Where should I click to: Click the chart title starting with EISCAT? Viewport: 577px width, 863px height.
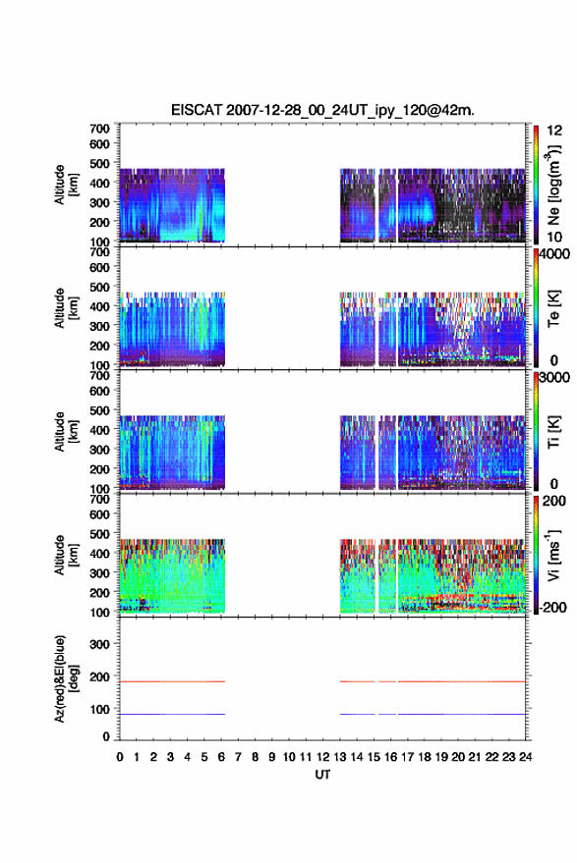pos(322,110)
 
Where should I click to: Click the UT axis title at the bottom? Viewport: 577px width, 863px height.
pos(322,775)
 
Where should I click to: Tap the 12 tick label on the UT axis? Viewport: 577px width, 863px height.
pos(323,757)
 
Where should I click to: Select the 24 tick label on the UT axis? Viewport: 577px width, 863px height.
pos(525,757)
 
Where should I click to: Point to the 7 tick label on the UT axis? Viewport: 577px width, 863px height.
pos(238,757)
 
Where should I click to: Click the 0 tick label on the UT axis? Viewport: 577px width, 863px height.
pos(120,757)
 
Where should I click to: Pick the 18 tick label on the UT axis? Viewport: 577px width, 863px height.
pos(425,757)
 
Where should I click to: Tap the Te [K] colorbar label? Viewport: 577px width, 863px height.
pos(553,308)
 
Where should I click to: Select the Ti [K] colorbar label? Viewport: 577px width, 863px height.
pos(553,432)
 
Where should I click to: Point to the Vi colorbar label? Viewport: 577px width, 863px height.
pos(553,555)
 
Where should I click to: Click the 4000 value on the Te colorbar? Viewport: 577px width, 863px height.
pos(554,255)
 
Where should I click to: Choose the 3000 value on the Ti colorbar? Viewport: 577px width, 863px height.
pos(554,378)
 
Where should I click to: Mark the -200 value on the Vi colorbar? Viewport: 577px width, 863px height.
pos(552,607)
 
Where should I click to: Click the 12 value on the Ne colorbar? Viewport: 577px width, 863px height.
pos(554,131)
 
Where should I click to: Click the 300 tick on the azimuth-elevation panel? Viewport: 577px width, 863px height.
pos(99,644)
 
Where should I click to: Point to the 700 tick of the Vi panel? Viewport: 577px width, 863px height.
pos(99,499)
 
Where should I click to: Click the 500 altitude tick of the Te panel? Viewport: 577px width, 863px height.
pos(99,287)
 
